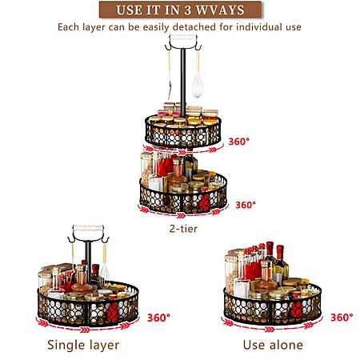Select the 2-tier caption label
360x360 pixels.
coord(183,229)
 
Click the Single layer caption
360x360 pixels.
coord(83,345)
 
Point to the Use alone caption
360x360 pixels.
coord(273,345)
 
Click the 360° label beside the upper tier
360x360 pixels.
coord(238,142)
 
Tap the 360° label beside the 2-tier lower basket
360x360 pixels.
coord(246,205)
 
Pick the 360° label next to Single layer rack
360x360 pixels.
coord(158,318)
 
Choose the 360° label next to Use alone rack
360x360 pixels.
coord(342,318)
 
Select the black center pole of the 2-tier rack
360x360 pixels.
coord(183,82)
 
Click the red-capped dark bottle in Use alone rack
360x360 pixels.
coord(270,256)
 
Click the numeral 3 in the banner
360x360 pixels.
coord(187,10)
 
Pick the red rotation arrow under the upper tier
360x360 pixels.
coord(183,150)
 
